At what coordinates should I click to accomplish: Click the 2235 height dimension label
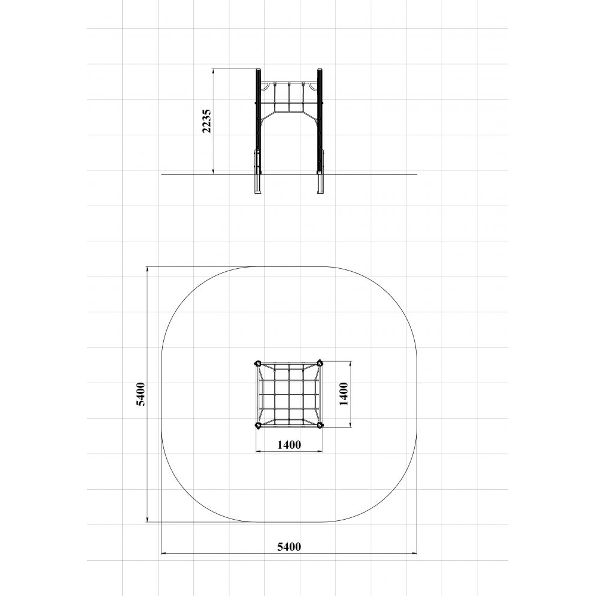click(206, 121)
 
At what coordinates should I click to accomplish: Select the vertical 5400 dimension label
click(141, 394)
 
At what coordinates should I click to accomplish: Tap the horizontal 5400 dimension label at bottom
click(289, 547)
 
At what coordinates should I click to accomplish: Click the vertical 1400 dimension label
click(344, 394)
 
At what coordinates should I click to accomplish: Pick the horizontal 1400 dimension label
click(289, 445)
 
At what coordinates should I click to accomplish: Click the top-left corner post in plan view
click(258, 364)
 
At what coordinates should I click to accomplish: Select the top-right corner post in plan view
click(319, 364)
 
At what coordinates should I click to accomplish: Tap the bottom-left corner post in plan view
click(258, 425)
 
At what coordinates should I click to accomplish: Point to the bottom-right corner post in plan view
click(319, 425)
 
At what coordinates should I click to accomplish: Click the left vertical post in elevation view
click(258, 121)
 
